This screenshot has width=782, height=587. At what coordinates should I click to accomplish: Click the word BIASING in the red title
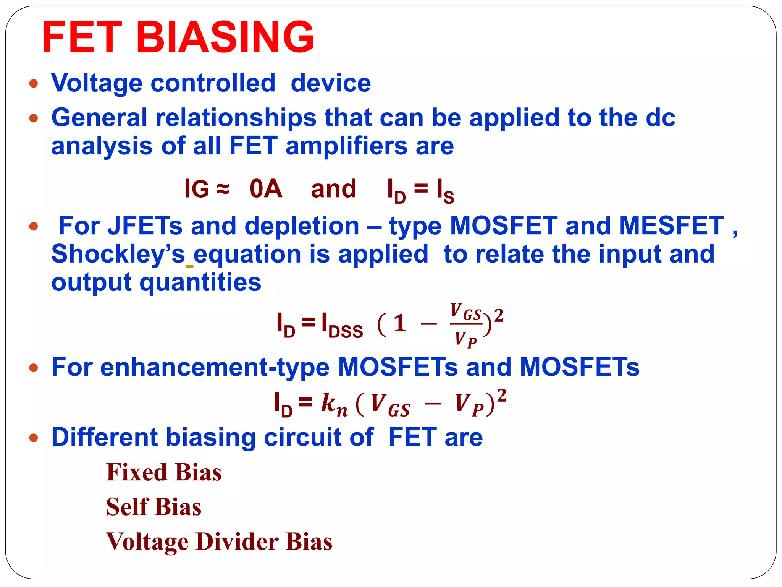[225, 37]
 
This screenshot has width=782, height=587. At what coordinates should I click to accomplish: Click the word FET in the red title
[82, 37]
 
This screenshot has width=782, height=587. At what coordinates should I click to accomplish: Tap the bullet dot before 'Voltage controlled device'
[34, 83]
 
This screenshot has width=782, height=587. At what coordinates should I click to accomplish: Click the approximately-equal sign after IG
[223, 188]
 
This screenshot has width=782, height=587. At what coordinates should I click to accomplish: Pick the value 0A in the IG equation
[266, 188]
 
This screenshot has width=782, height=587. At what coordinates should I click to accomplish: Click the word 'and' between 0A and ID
[333, 189]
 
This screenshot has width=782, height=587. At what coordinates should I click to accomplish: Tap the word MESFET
[671, 225]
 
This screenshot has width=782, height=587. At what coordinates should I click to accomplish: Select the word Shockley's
[118, 254]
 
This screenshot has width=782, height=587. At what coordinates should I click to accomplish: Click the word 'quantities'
[200, 282]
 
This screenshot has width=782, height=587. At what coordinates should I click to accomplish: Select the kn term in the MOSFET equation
[334, 404]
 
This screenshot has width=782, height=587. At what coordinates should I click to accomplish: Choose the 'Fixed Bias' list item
[164, 472]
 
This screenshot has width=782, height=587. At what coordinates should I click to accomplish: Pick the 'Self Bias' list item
[153, 507]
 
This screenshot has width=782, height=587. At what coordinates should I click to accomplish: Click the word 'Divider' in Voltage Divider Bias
[237, 542]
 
